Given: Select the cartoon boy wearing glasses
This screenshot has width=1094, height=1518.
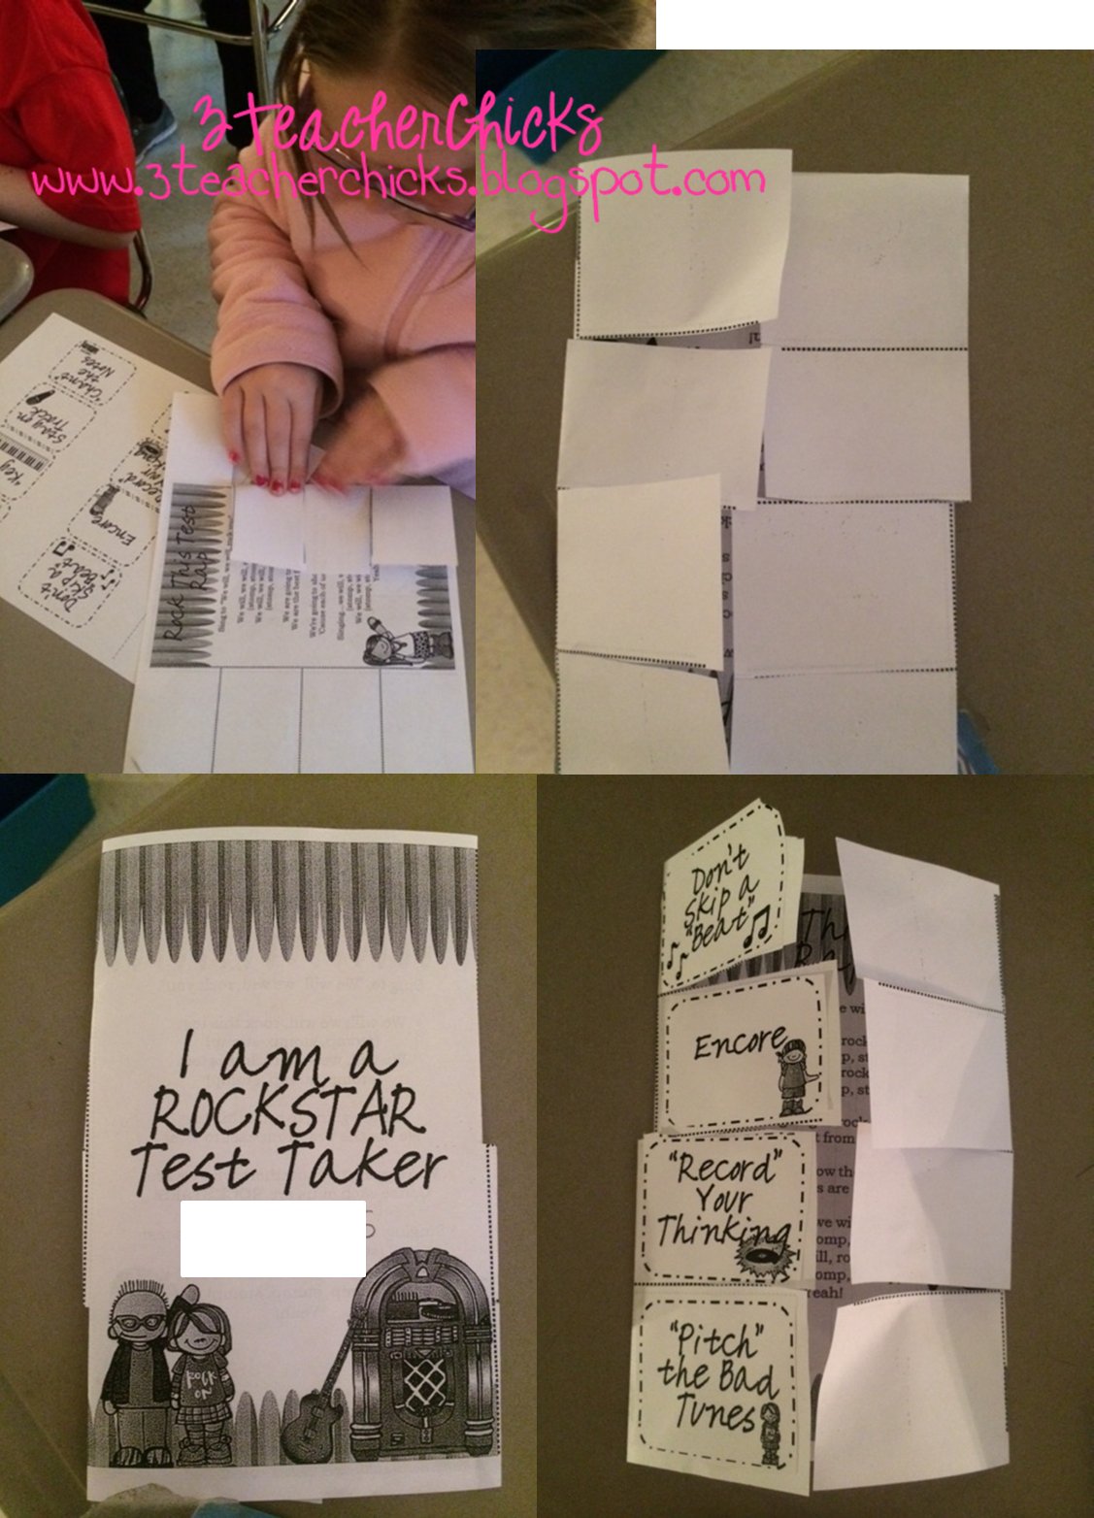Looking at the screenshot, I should (137, 1378).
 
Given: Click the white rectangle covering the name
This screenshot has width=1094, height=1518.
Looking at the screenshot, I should (273, 1238).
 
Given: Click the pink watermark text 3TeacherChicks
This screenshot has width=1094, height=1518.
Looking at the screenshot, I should (398, 124).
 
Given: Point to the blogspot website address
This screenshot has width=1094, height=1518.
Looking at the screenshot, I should (398, 180).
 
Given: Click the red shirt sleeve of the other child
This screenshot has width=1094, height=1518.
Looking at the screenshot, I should (58, 146).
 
